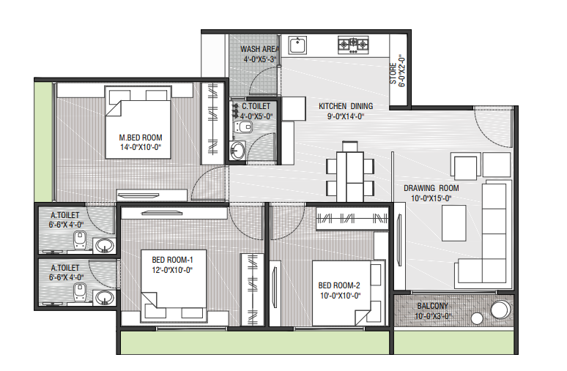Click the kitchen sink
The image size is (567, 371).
click(x=297, y=45)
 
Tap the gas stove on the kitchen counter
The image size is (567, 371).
click(x=353, y=45)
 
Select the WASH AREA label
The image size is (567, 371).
click(x=259, y=49)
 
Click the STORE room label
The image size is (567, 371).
click(x=393, y=74)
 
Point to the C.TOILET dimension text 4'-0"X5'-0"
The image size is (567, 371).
click(x=256, y=116)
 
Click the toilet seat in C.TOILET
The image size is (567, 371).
click(x=243, y=127)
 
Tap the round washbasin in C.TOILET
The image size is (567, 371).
click(x=237, y=150)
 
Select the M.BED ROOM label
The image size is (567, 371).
click(x=141, y=138)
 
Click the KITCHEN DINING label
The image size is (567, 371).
click(x=346, y=106)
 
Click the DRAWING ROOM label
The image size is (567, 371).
click(x=431, y=188)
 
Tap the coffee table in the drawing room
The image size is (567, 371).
click(x=453, y=223)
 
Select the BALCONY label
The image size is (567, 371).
click(x=432, y=306)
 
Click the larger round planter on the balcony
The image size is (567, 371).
click(x=500, y=310)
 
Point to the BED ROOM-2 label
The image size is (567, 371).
click(x=339, y=285)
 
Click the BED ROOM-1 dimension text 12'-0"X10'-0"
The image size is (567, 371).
click(x=172, y=270)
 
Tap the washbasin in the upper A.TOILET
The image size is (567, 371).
click(x=105, y=246)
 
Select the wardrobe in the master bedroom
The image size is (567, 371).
click(x=213, y=124)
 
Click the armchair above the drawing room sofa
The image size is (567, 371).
click(x=465, y=166)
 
